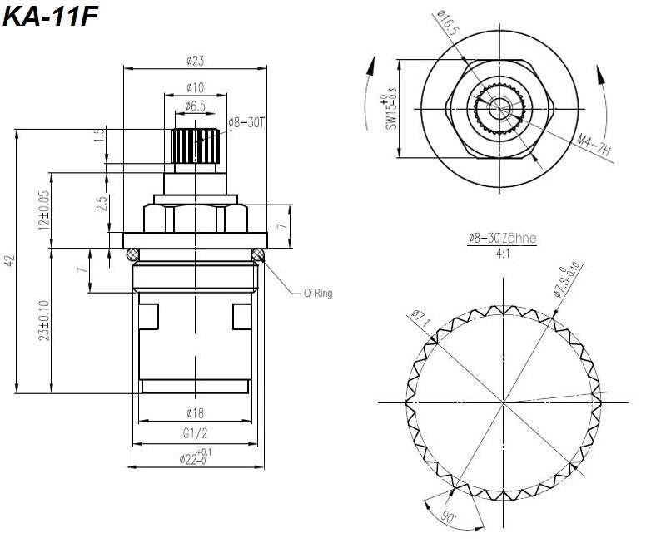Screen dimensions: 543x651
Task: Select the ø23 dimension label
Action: pos(196,61)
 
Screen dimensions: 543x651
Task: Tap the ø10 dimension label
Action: pos(196,87)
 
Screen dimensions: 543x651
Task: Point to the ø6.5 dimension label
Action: pos(196,106)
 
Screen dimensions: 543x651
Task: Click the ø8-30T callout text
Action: pos(246,121)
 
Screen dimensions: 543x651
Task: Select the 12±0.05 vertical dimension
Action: pos(43,210)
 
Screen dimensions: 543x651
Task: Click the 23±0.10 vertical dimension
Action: pos(43,320)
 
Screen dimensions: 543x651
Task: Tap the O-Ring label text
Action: pos(316,294)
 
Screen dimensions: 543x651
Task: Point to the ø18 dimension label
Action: pos(196,413)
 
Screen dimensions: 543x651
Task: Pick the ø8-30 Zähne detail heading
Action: pos(502,238)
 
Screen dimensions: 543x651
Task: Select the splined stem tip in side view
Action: pos(196,146)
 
